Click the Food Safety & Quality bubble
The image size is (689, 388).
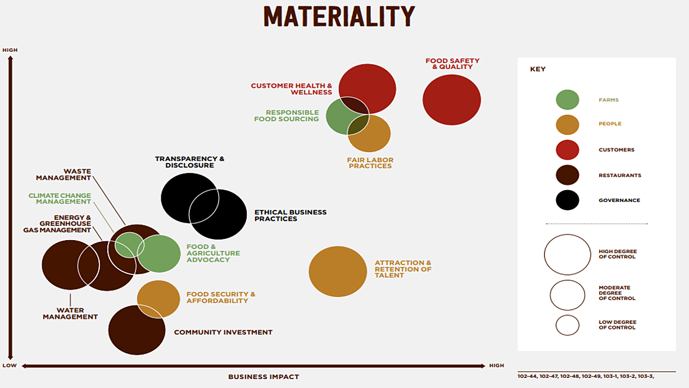click(451, 100)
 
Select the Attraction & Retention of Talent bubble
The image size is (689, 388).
click(338, 272)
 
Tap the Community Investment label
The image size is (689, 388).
click(223, 332)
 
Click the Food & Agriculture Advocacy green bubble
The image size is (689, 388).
click(158, 254)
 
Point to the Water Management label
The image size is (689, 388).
click(70, 314)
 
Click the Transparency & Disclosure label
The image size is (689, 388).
click(189, 162)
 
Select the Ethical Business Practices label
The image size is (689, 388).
click(291, 215)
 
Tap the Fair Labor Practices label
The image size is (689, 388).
click(370, 163)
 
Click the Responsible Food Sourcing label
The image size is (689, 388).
click(287, 116)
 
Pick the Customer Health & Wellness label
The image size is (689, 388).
click(291, 89)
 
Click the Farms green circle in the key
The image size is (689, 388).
click(568, 100)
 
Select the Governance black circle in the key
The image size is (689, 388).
click(568, 200)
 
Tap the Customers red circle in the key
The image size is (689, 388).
click(568, 150)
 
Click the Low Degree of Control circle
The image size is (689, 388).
click(568, 315)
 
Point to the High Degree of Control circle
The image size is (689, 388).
click(568, 234)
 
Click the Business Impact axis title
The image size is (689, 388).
click(264, 377)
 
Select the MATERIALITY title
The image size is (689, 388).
click(339, 16)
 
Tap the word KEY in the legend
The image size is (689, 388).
click(538, 69)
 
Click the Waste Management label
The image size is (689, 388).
click(64, 174)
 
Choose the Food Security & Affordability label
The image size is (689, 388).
click(221, 297)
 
